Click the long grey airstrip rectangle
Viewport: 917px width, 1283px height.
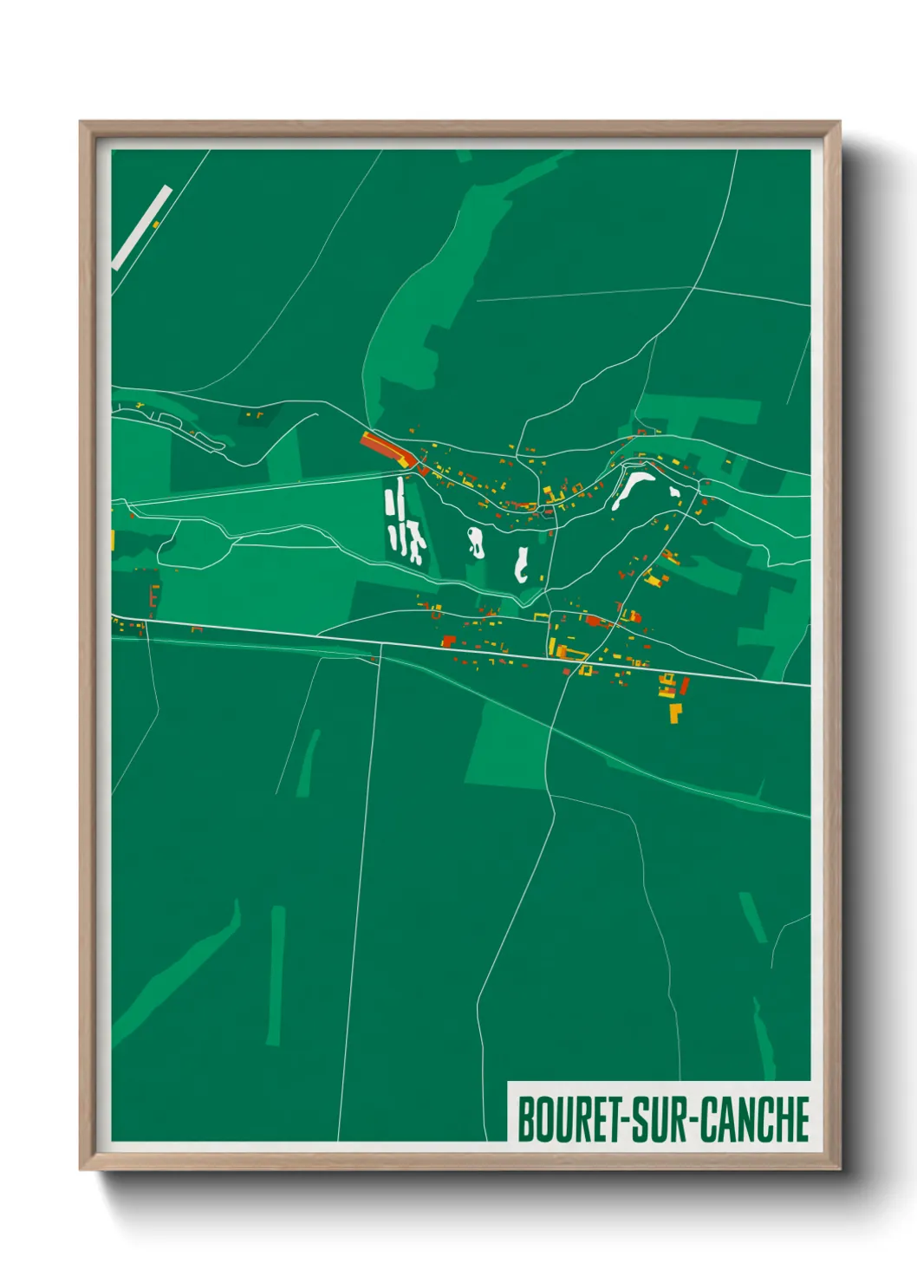[x=142, y=227]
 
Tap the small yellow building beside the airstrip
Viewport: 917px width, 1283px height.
[x=156, y=225]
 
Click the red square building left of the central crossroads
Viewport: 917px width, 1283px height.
[x=448, y=641]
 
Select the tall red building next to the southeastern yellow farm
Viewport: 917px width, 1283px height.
[x=685, y=687]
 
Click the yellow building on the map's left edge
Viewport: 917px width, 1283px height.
[x=113, y=539]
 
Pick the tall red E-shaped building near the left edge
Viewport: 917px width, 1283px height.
[x=154, y=596]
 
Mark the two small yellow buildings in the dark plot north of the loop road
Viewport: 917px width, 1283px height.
[x=254, y=415]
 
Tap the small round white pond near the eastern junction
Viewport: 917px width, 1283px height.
[x=675, y=492]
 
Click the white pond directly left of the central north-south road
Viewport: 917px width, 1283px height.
[x=521, y=564]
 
